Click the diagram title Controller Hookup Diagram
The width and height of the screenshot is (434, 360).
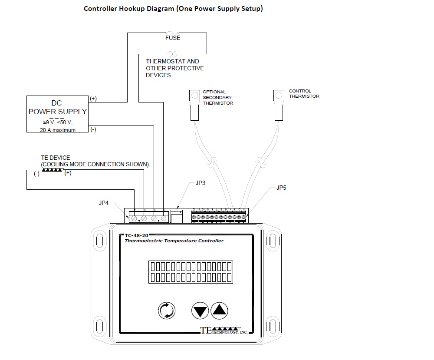173,9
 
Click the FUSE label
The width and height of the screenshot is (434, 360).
173,38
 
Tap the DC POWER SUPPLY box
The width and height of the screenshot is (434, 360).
57,114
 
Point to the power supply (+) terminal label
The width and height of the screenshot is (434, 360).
93,99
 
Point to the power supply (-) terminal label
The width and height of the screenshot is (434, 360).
93,129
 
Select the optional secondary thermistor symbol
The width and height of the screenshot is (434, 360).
194,105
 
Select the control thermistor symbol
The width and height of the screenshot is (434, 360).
279,105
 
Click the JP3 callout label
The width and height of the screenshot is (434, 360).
200,183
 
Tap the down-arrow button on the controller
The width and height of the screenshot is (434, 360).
200,310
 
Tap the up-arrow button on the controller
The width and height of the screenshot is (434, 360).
220,310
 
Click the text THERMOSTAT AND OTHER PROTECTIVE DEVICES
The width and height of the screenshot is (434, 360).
174,68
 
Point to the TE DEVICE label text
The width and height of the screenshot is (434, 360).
56,158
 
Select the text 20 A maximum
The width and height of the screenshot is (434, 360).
58,130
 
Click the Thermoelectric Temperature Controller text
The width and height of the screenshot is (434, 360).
174,241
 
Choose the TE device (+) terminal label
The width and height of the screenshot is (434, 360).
68,173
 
